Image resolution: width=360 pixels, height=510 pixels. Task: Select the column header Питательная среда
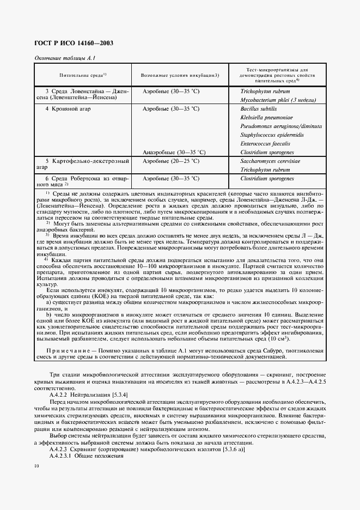(x=83, y=75)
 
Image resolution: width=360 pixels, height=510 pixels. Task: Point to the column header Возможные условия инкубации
(x=180, y=75)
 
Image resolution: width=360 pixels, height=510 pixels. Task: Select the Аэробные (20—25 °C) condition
(x=170, y=161)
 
